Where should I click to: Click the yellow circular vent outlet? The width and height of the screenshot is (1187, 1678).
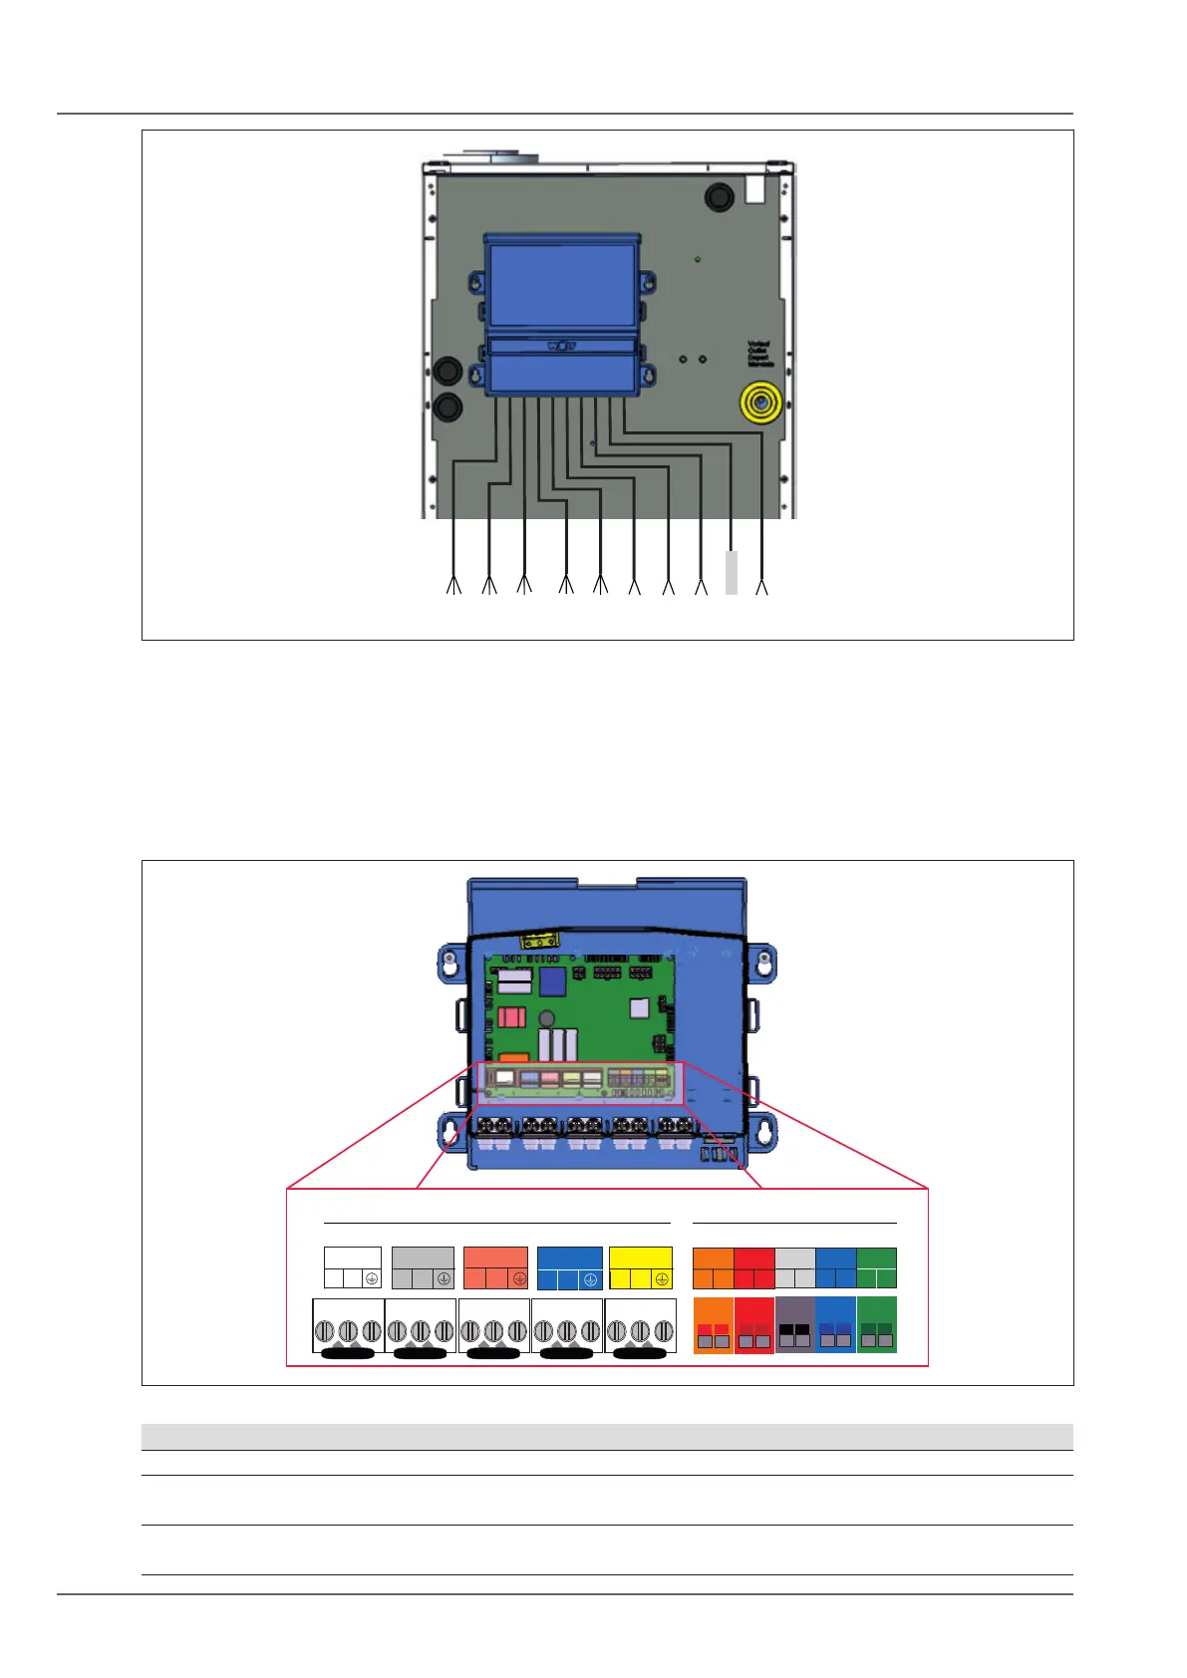(760, 404)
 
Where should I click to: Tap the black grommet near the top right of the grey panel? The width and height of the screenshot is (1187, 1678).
(719, 196)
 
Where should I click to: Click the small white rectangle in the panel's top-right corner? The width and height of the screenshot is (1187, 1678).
(754, 189)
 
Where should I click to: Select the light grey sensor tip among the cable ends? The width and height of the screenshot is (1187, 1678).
(732, 573)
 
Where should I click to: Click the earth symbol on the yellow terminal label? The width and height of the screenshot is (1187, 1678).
(662, 1279)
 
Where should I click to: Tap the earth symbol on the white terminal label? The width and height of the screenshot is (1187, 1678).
(371, 1279)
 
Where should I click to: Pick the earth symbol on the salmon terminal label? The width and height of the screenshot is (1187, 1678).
(518, 1279)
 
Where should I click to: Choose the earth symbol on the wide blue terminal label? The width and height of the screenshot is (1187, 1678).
(590, 1279)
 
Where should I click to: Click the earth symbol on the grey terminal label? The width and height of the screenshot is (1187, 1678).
(444, 1279)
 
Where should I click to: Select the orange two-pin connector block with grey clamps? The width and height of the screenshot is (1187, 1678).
(713, 1325)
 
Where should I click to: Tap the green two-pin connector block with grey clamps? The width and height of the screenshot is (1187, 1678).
(877, 1325)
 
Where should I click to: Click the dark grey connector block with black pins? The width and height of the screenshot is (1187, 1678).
(794, 1325)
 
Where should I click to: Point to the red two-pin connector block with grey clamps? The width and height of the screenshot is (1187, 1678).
(753, 1325)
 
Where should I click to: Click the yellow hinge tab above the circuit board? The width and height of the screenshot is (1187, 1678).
(539, 940)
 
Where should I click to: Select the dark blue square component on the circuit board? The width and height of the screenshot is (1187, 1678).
(552, 981)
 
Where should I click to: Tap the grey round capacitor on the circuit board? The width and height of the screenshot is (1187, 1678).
(546, 1019)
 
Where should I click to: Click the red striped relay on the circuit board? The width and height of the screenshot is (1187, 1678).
(511, 1017)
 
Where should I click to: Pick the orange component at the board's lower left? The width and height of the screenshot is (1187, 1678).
(513, 1058)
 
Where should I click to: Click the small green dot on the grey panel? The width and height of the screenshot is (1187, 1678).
(697, 259)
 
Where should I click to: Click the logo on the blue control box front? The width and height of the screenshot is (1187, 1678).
(561, 347)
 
